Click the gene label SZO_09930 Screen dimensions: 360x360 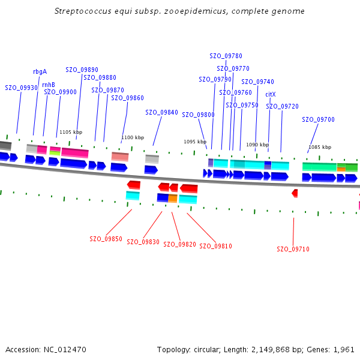pyautogui.click(x=22, y=88)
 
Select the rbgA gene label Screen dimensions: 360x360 pyautogui.click(x=40, y=71)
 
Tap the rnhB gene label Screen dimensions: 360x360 pyautogui.click(x=49, y=85)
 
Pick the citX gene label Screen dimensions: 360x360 pyautogui.click(x=270, y=94)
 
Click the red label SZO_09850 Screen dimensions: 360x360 pyautogui.click(x=106, y=239)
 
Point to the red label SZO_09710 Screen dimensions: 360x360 pyautogui.click(x=293, y=249)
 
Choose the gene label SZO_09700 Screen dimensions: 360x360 pyautogui.click(x=318, y=119)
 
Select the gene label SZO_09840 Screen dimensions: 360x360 pyautogui.click(x=161, y=112)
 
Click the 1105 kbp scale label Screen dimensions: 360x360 pyautogui.click(x=71, y=132)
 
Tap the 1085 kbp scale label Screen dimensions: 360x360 pyautogui.click(x=320, y=147)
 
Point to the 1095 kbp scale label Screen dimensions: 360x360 pyautogui.click(x=195, y=142)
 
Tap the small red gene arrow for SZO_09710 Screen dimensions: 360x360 pyautogui.click(x=295, y=193)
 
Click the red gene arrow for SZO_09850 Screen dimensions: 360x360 pyautogui.click(x=134, y=185)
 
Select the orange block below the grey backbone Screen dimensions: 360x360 pyautogui.click(x=173, y=199)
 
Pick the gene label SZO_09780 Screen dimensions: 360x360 pyautogui.click(x=226, y=56)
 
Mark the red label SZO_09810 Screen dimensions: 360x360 pyautogui.click(x=215, y=246)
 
